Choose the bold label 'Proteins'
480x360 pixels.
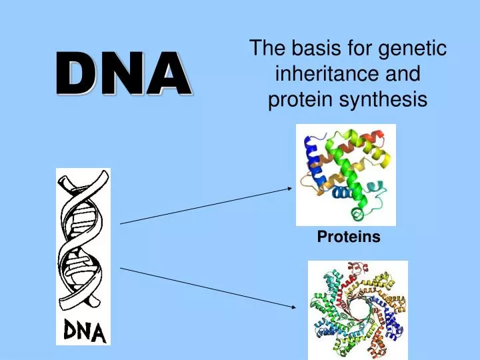(x=348, y=237)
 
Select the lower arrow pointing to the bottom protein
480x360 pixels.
(x=207, y=287)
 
